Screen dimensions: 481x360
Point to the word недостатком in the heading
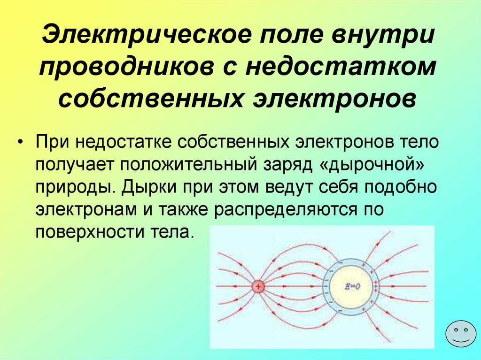[341, 66]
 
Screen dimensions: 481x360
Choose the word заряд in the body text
[288, 167]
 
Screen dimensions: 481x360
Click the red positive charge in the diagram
[258, 286]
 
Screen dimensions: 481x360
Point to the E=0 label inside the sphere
[352, 286]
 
